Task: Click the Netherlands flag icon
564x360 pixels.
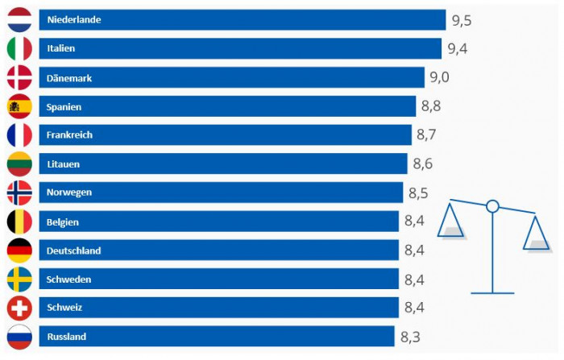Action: (x=19, y=19)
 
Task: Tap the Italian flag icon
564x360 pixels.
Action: (x=19, y=48)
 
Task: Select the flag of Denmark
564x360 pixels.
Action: (x=19, y=77)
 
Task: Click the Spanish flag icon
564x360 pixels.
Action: (x=19, y=106)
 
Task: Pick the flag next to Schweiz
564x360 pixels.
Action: (x=19, y=308)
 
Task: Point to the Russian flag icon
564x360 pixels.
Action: (x=19, y=337)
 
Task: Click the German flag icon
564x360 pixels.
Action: (x=19, y=250)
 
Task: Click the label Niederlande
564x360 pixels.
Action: (x=74, y=19)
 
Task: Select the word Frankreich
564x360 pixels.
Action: (x=70, y=135)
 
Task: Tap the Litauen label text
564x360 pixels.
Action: (x=64, y=164)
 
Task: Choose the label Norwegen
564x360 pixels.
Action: (x=69, y=192)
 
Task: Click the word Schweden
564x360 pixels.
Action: (x=69, y=279)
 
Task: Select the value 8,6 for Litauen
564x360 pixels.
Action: (x=423, y=164)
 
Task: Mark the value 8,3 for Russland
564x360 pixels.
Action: (x=410, y=337)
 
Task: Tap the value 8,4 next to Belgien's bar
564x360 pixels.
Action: (x=414, y=221)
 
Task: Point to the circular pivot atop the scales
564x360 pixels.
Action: (x=493, y=207)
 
